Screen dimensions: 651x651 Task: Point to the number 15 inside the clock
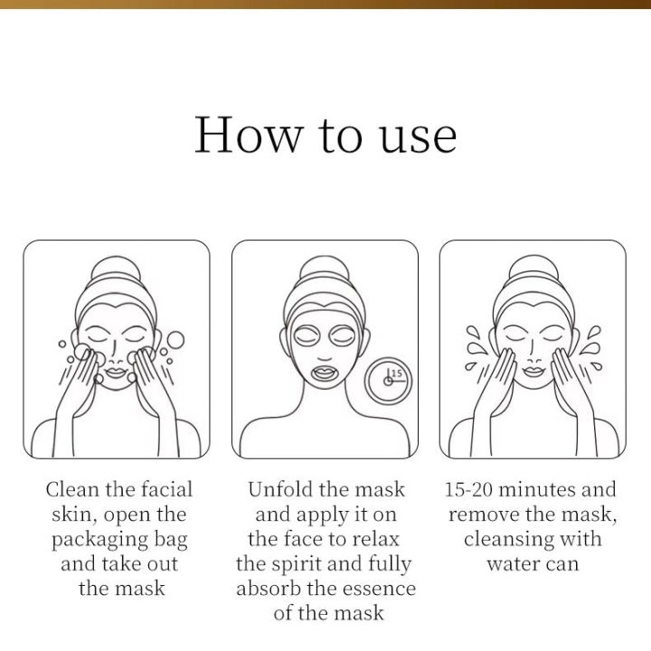point(396,373)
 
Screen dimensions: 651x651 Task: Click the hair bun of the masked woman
point(325,270)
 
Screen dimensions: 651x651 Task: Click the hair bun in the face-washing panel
point(116,270)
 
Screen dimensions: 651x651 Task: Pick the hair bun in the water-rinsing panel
point(533,270)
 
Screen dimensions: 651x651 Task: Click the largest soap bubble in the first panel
point(175,340)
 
